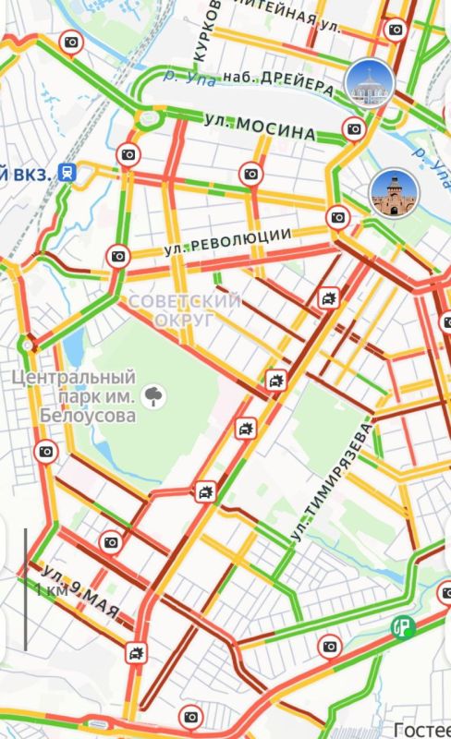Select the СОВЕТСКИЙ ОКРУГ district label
185,309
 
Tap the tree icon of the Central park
155,397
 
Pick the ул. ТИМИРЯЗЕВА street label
331,482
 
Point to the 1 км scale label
52,588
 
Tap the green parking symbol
401,626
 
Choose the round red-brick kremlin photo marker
394,192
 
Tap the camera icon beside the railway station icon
128,155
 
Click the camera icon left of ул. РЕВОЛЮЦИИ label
118,256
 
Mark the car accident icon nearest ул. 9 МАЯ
137,654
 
